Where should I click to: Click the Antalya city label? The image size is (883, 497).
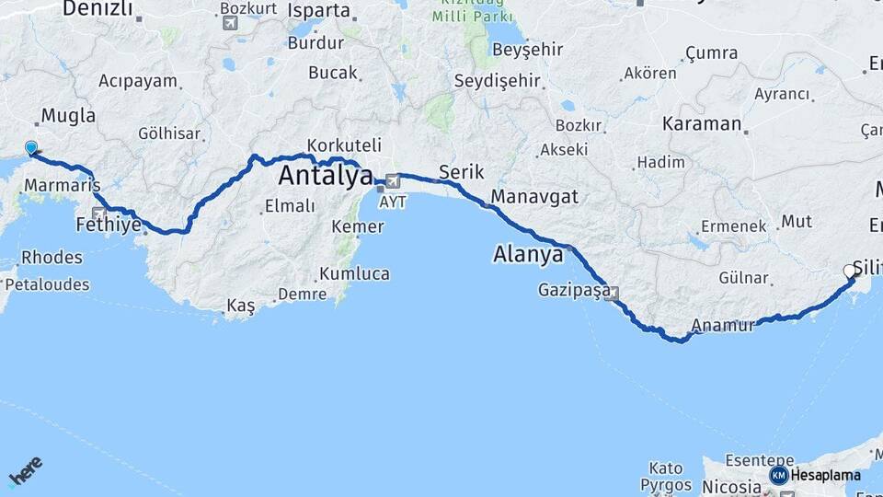pos(326,175)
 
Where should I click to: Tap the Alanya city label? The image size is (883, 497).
pos(528,254)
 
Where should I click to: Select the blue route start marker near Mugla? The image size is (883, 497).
pos(31,148)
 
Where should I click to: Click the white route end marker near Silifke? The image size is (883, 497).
pos(850,272)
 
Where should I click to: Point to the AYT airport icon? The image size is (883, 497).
pos(394,180)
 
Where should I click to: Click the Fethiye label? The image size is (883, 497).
pos(109,225)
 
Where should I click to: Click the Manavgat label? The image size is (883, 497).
pos(534,196)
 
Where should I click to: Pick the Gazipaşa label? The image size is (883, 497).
pos(574,291)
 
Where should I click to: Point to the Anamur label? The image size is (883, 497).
pos(722,325)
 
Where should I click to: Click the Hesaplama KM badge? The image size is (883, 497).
pos(778,475)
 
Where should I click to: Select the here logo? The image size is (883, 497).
pos(25,473)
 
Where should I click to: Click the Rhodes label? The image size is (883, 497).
pos(52,257)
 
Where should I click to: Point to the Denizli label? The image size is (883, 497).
pos(97,10)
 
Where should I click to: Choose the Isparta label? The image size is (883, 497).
pos(318,11)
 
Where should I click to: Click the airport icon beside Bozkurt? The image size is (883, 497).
pos(229,22)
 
